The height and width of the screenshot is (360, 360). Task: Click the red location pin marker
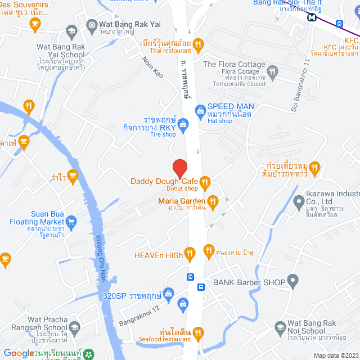[179, 168]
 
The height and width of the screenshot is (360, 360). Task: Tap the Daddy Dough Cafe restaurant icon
[205, 181]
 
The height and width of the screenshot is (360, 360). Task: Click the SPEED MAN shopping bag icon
[199, 111]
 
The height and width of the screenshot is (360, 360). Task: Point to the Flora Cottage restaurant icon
[272, 71]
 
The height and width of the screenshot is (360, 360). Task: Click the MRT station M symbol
[311, 17]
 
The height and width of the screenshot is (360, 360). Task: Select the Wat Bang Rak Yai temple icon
[91, 25]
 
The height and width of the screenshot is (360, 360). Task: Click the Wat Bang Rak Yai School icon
[71, 30]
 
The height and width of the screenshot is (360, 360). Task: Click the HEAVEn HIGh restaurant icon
[190, 255]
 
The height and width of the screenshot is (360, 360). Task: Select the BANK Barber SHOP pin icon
[292, 280]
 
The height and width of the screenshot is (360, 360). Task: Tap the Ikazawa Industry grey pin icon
[298, 202]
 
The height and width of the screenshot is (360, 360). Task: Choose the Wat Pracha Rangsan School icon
[75, 328]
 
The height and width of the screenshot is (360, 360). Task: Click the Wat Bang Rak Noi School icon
[280, 328]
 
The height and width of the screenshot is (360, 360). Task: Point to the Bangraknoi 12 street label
[140, 317]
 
